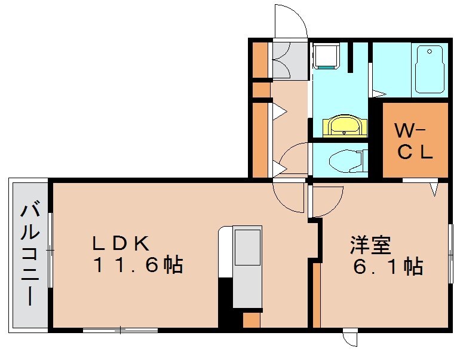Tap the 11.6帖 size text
[137, 264]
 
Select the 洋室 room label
[370, 245]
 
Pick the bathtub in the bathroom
[430, 69]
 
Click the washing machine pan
[326, 57]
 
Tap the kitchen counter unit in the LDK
[246, 266]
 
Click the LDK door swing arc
[289, 197]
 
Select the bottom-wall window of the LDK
[120, 330]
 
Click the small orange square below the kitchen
[252, 320]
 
